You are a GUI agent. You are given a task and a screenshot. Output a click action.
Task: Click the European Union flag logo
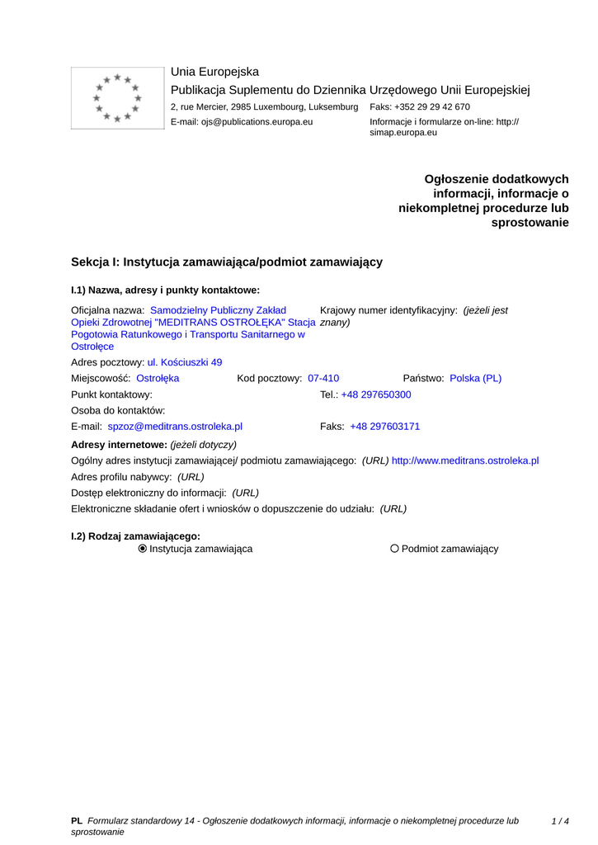[117, 98]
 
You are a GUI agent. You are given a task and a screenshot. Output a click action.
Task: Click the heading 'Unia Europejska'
[214, 72]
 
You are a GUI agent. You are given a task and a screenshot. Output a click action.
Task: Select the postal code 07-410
[323, 378]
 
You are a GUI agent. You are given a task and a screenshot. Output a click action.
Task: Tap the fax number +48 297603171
[384, 427]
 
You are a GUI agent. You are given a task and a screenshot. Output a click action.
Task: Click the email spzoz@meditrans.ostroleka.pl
[175, 427]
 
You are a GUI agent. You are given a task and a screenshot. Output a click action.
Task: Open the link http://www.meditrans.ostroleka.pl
[465, 460]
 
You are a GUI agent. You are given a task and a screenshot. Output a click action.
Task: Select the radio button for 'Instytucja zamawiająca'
[143, 549]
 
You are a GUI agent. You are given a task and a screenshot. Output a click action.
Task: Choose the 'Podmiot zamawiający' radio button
[394, 549]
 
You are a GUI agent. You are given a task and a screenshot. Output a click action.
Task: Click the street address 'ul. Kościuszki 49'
[185, 362]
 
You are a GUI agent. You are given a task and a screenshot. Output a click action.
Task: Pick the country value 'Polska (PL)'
[475, 378]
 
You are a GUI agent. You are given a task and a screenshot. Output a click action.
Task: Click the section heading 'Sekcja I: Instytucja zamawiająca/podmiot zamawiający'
[227, 262]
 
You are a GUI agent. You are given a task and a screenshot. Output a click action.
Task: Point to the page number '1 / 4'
[560, 821]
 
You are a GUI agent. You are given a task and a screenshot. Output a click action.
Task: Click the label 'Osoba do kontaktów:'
[119, 410]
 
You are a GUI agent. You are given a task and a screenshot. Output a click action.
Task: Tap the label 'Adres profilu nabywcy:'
[122, 477]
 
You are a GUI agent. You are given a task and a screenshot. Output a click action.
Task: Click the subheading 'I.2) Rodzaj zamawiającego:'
[136, 536]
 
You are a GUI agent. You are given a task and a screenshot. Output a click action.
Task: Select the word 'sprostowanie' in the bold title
[530, 223]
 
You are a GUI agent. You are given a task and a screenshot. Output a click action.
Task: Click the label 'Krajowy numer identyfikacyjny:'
[388, 310]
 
